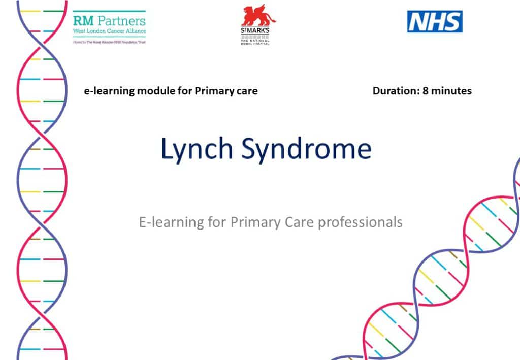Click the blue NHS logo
[435, 22]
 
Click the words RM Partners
[109, 21]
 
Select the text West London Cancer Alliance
[109, 31]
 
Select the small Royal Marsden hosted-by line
[109, 42]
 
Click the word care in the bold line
[246, 91]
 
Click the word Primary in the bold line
[213, 91]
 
